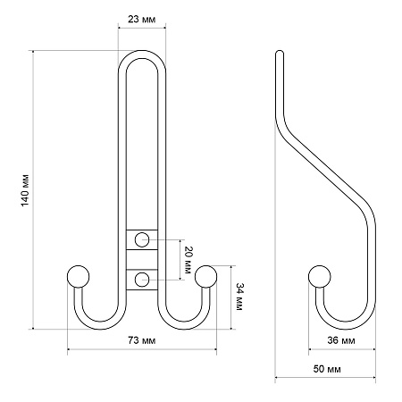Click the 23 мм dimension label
142,20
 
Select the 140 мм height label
25,190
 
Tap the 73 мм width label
142,340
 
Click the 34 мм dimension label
239,297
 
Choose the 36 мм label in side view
341,340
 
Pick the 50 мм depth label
327,369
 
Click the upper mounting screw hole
142,239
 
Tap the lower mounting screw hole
142,280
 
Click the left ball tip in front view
78,277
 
